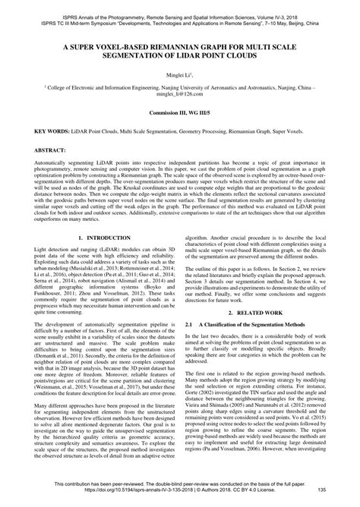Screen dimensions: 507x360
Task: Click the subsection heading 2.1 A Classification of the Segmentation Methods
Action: (x=256, y=323)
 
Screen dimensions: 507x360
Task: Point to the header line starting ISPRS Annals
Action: (x=179, y=8)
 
